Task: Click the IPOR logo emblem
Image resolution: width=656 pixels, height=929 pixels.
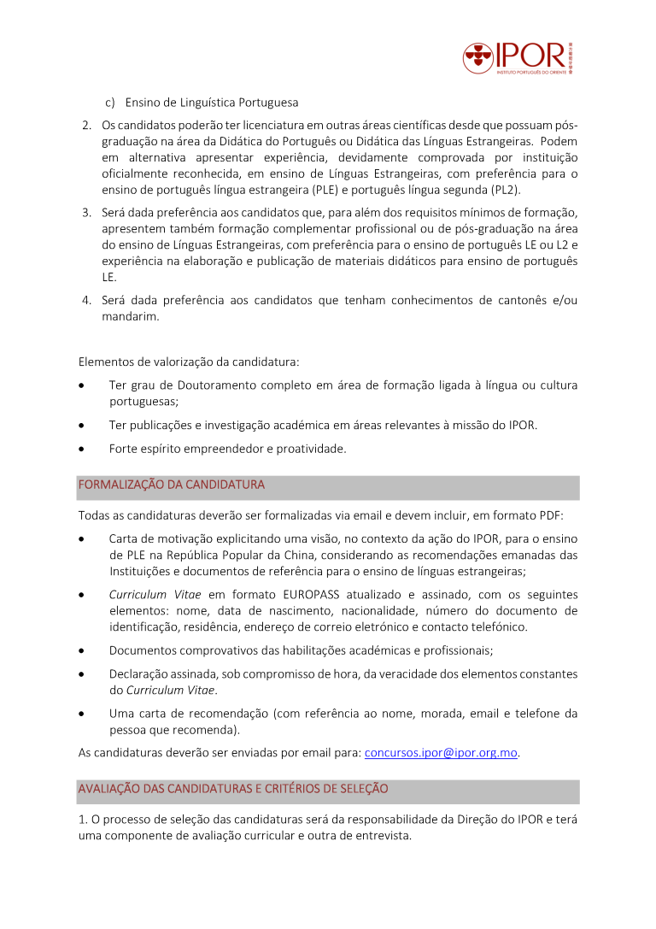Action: pyautogui.click(x=478, y=58)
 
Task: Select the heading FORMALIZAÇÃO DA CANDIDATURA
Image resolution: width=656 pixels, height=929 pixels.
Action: pyautogui.click(x=172, y=485)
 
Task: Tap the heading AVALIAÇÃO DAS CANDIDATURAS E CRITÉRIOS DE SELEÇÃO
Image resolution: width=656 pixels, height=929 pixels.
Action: pyautogui.click(x=233, y=789)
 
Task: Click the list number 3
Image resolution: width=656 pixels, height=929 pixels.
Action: pyautogui.click(x=87, y=213)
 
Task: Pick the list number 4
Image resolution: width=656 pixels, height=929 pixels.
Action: pyautogui.click(x=87, y=300)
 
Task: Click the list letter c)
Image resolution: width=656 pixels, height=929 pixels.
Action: pyautogui.click(x=111, y=103)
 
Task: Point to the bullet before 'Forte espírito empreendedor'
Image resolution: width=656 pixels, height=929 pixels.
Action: pyautogui.click(x=81, y=449)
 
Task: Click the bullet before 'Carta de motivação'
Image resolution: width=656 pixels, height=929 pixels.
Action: pyautogui.click(x=81, y=539)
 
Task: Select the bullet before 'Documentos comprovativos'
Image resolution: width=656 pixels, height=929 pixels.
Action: pyautogui.click(x=81, y=651)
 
